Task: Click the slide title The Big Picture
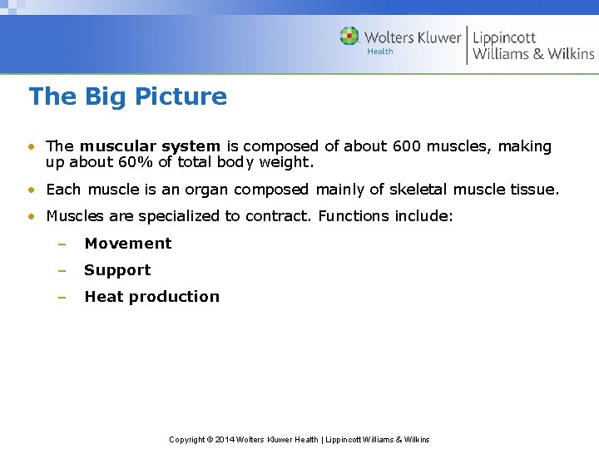[127, 96]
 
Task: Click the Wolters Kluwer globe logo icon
[349, 37]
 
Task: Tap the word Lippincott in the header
[504, 37]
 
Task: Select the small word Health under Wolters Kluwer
[379, 52]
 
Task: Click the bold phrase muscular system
[150, 146]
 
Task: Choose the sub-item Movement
[127, 244]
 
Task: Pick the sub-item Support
[117, 270]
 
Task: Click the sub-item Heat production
[151, 297]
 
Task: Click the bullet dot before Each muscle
[31, 190]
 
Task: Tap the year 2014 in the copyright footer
[225, 439]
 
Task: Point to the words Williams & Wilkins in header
[533, 54]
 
